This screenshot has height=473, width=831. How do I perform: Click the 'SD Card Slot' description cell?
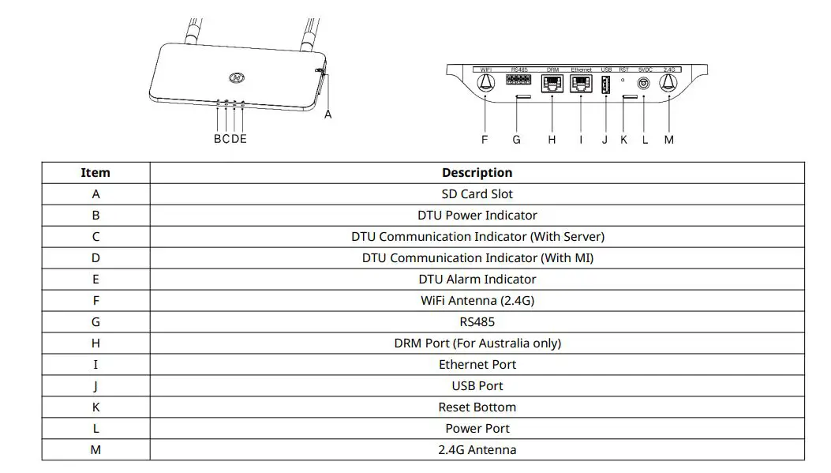[x=477, y=193]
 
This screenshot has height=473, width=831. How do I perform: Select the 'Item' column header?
[x=95, y=172]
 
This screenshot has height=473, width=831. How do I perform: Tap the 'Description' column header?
[x=477, y=172]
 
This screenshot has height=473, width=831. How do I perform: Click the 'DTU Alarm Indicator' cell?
[x=477, y=279]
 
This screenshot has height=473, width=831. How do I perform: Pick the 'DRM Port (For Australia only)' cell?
[x=477, y=343]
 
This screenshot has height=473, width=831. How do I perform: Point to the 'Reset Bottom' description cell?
[x=477, y=407]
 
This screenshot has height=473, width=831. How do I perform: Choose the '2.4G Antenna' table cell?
[x=477, y=449]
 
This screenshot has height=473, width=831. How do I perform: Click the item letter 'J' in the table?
[x=95, y=385]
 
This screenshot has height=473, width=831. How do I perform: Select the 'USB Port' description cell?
[x=477, y=385]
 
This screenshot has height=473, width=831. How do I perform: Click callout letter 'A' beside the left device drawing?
[x=328, y=114]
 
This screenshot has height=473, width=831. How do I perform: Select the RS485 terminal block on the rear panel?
[x=519, y=80]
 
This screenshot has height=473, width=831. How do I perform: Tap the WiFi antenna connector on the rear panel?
[x=486, y=83]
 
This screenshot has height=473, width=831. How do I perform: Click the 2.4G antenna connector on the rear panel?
[x=669, y=83]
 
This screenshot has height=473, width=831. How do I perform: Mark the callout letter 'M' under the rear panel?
[x=669, y=140]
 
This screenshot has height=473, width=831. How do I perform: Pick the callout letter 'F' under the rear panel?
[x=485, y=140]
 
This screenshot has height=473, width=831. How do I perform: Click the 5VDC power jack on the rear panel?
[x=643, y=82]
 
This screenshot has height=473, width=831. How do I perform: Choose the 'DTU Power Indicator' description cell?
[x=477, y=215]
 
